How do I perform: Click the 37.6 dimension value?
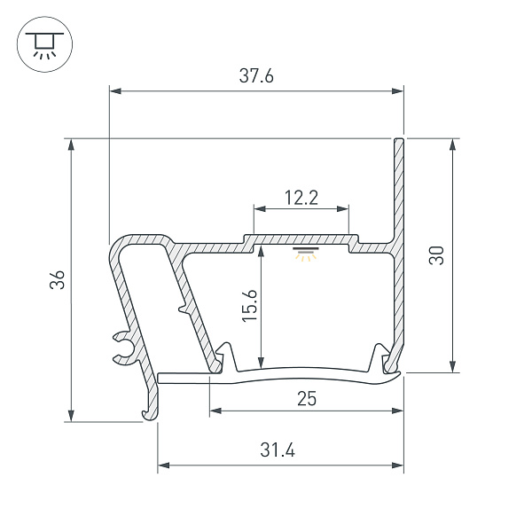[256, 76]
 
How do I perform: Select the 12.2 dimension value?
[301, 197]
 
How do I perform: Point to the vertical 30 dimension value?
[435, 256]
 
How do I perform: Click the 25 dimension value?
[307, 399]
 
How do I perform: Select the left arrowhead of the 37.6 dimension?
[113, 90]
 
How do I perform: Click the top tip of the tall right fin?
[400, 140]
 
